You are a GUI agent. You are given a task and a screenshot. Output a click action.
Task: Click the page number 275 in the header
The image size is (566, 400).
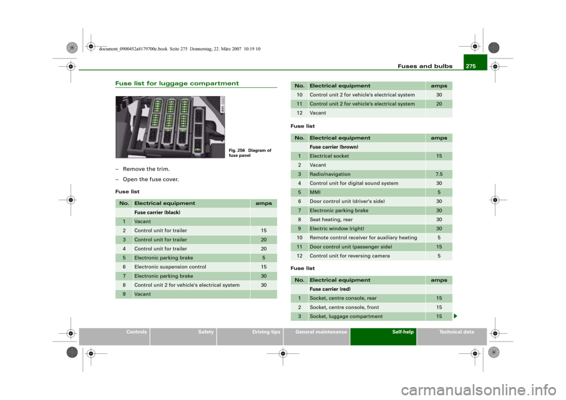tap(470, 66)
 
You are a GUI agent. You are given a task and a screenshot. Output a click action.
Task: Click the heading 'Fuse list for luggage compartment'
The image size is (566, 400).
tap(177, 83)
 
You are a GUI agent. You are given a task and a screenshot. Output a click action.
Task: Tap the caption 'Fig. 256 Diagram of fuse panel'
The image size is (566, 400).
tap(250, 153)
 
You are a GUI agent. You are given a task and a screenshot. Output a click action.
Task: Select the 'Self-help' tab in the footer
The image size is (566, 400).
tap(403, 332)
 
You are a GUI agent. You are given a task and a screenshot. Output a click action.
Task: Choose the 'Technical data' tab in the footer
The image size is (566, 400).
tap(456, 332)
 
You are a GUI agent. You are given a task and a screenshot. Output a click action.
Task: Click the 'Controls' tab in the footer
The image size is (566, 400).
tap(136, 332)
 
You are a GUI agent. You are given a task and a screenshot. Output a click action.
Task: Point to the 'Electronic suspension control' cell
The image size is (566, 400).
tap(170, 267)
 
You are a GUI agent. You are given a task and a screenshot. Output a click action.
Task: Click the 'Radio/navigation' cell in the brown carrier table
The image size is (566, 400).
tap(330, 174)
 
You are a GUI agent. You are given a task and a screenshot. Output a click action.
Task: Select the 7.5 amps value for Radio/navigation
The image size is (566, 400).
tap(439, 174)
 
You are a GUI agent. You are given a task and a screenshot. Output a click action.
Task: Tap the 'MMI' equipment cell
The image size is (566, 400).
tap(315, 192)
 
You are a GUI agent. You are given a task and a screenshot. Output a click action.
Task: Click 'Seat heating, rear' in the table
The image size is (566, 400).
tap(331, 219)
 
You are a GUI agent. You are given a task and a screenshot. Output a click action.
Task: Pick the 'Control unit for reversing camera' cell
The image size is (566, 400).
tap(350, 256)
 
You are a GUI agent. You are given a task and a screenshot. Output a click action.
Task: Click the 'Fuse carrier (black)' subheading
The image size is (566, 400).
tap(157, 212)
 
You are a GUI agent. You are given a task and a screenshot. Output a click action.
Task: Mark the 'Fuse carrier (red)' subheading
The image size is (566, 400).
tap(330, 289)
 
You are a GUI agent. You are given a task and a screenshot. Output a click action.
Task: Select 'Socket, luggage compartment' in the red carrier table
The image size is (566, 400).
tap(346, 317)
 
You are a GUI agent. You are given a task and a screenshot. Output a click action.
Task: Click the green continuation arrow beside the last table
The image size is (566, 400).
tap(456, 317)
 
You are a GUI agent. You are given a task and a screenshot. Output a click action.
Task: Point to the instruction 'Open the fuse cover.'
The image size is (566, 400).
tap(150, 179)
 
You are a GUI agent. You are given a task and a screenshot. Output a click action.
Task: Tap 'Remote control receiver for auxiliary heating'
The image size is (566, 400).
tap(363, 238)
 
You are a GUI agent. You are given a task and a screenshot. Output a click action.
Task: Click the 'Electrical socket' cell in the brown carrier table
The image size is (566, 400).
tap(329, 156)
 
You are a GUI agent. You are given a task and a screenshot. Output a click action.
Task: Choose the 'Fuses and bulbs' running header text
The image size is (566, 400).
tap(425, 66)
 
